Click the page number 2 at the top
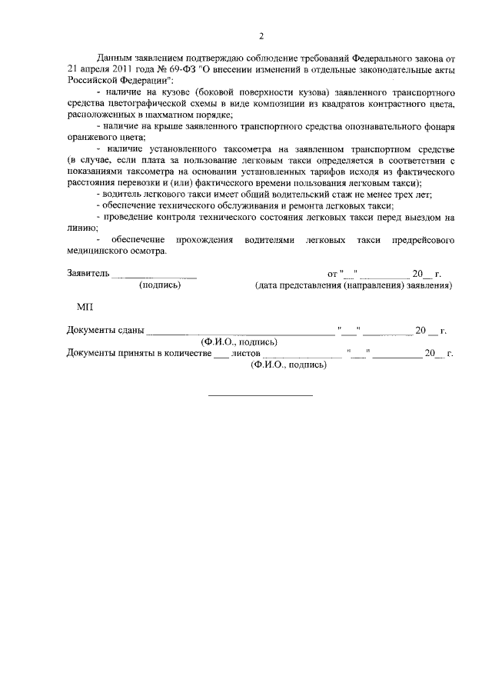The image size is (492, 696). click(261, 36)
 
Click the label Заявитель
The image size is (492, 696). click(88, 273)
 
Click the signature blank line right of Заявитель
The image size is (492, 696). click(155, 276)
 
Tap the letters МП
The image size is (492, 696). click(85, 307)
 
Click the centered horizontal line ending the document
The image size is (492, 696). click(261, 395)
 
